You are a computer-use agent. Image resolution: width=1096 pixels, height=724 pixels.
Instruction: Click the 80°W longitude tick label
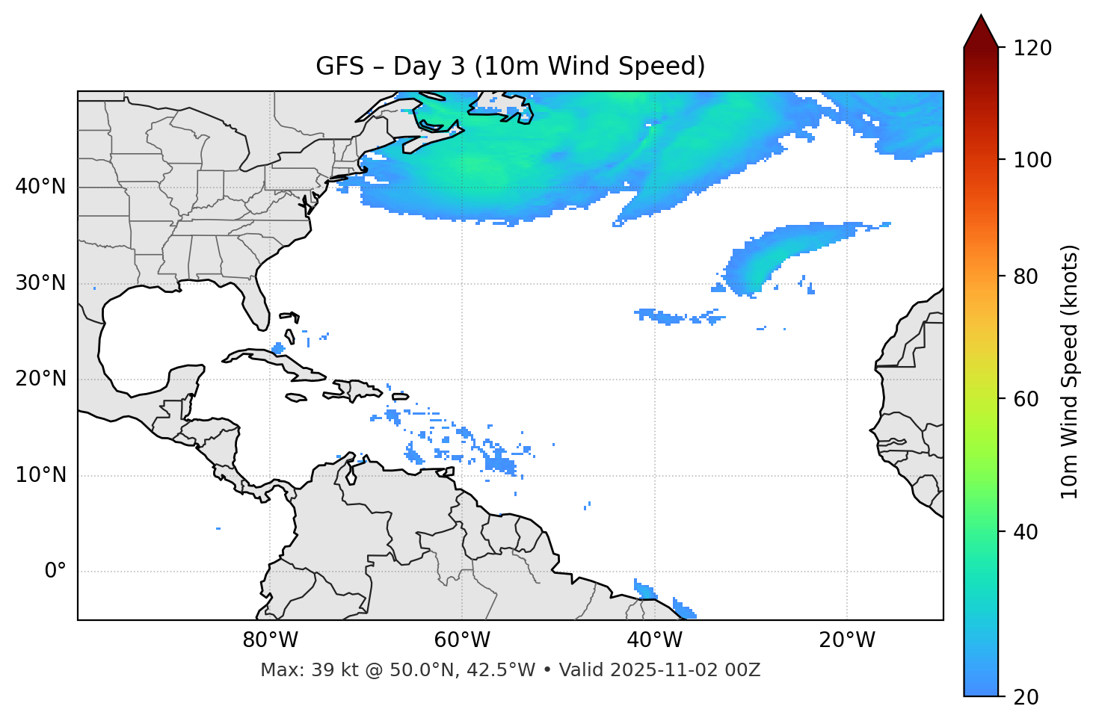[x=270, y=640]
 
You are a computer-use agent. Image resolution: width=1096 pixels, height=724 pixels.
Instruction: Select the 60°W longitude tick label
[x=462, y=640]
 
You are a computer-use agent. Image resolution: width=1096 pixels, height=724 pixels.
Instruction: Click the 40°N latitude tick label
[x=40, y=187]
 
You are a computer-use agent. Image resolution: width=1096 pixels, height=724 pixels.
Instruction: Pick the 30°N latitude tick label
[x=40, y=283]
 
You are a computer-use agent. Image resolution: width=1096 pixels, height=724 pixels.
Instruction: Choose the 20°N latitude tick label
[x=40, y=379]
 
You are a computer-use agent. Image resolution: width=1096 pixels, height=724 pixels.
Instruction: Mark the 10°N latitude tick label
[x=40, y=475]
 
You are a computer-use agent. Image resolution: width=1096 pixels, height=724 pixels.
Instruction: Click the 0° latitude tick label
[x=55, y=572]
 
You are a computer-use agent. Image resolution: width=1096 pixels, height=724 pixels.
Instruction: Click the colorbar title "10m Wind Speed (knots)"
[x=1070, y=372]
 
